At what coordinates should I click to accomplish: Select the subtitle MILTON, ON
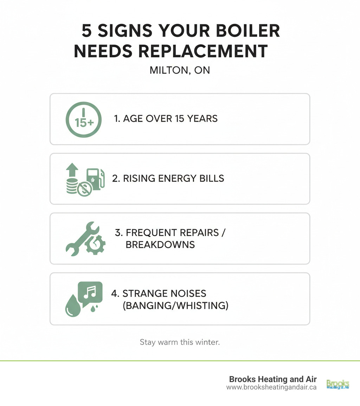coord(180,70)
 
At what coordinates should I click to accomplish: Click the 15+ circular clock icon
coord(84,119)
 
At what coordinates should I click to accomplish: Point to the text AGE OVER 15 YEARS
coord(166,119)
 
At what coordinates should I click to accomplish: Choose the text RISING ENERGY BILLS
coord(168,178)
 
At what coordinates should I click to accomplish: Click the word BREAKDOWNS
coord(160,245)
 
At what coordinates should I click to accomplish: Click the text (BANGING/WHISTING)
coord(175,305)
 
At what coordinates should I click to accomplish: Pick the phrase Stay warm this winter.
coord(180,342)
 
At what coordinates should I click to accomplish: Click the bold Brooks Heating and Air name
coord(273,379)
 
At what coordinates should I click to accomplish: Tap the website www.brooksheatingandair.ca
coord(271,387)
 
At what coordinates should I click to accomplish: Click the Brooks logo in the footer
coord(337,383)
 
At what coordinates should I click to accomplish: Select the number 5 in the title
coord(87,31)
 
